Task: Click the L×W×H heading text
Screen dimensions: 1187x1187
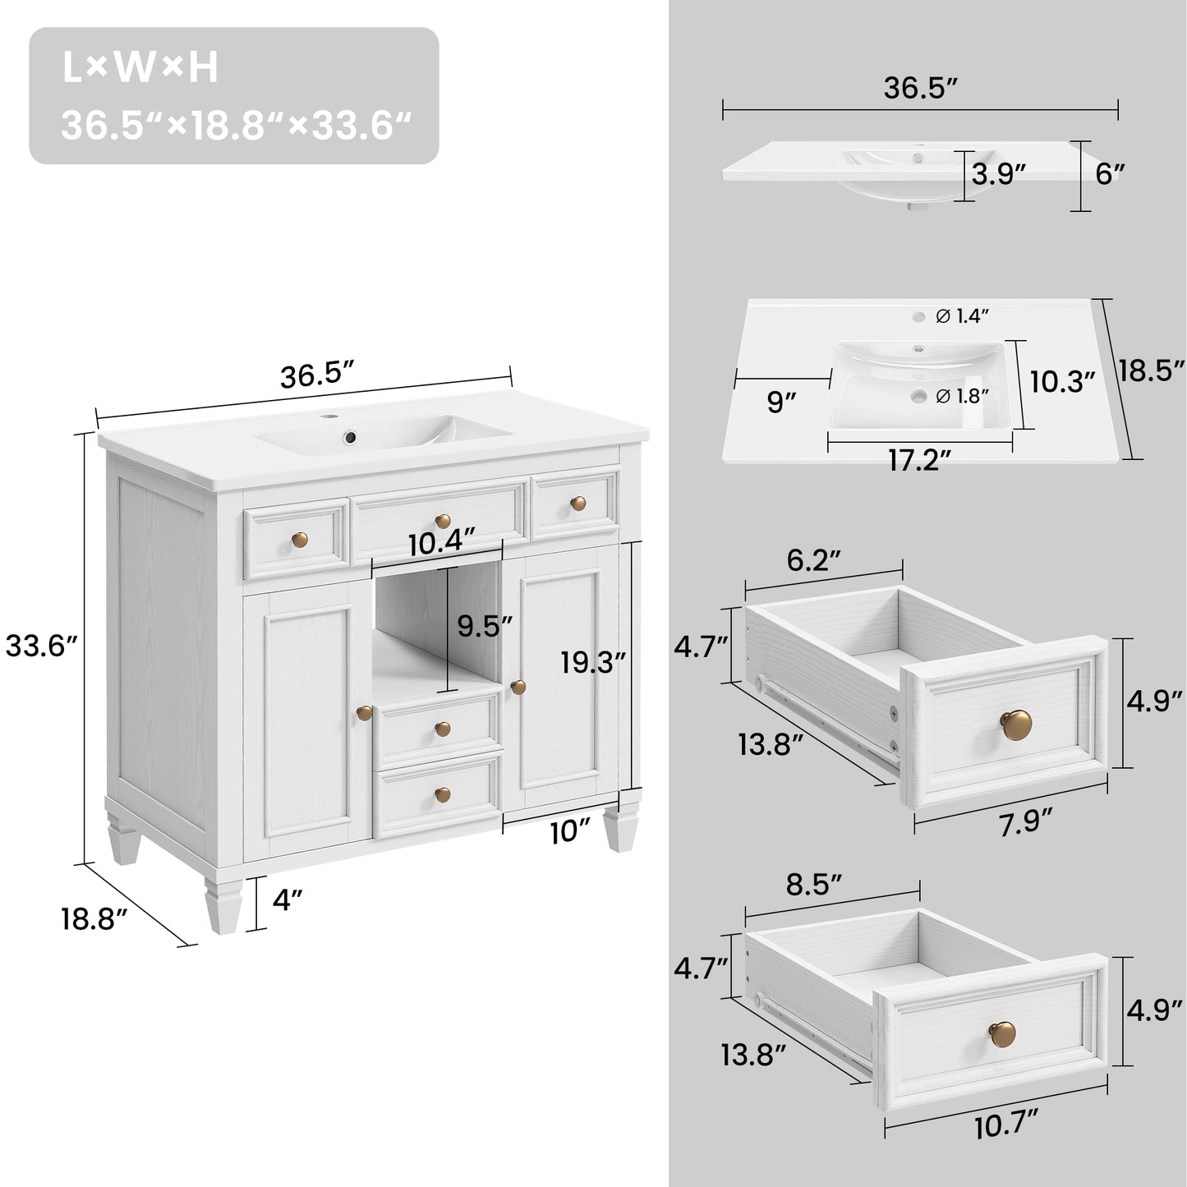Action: [140, 69]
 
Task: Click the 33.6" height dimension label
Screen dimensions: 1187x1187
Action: [41, 646]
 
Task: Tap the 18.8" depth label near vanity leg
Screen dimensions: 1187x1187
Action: [94, 918]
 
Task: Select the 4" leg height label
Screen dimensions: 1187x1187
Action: [283, 901]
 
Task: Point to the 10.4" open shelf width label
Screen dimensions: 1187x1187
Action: [442, 543]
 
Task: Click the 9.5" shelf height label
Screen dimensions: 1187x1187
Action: [485, 626]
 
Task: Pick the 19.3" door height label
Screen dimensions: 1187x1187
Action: [593, 661]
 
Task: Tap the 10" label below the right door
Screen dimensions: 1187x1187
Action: [570, 832]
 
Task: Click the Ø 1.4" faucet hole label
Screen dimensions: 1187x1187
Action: [962, 315]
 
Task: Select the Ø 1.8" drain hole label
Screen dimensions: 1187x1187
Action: [962, 396]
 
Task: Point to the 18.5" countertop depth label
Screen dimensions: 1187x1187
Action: [1151, 370]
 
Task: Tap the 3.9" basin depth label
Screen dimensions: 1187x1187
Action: [999, 173]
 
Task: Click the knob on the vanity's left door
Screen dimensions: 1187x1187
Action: [364, 712]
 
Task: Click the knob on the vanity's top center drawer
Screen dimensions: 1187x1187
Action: [443, 520]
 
